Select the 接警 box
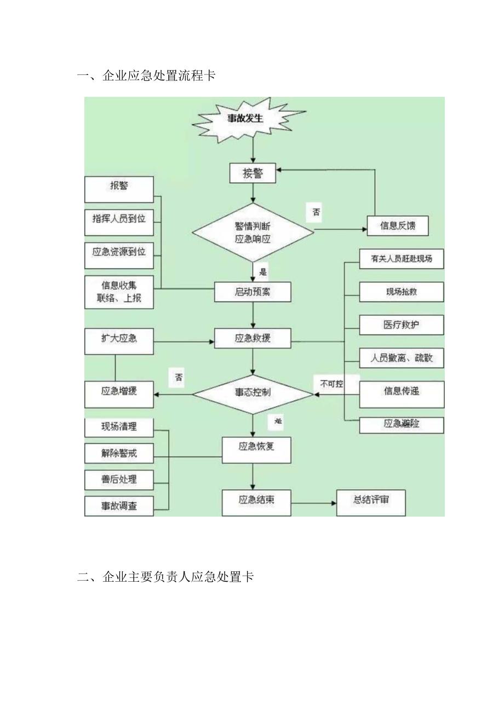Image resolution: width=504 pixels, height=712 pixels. [x=253, y=173]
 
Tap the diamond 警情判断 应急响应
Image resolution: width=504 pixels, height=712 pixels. [x=253, y=233]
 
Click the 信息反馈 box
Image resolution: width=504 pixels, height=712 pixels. [x=397, y=225]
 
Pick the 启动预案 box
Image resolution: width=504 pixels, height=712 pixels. [x=253, y=292]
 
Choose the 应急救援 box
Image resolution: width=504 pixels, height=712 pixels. [x=253, y=339]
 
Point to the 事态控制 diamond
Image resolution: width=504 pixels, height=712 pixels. [x=253, y=392]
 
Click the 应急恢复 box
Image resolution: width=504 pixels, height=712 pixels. [x=256, y=447]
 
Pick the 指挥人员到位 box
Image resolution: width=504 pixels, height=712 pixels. [x=119, y=219]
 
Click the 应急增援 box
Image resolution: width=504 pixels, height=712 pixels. [x=119, y=392]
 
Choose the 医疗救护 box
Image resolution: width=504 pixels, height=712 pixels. [x=401, y=325]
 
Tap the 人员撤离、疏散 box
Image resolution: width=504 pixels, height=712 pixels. [x=401, y=358]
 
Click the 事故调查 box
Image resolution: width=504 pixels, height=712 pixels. [x=119, y=506]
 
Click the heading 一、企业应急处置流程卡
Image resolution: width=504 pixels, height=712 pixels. [x=146, y=76]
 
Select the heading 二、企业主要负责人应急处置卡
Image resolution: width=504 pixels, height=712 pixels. [x=165, y=577]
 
